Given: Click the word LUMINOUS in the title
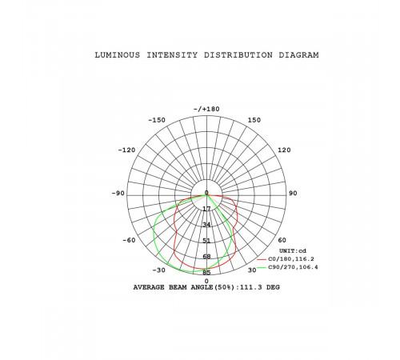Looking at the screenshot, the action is click(118, 55).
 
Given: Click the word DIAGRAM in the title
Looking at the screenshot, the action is click(298, 55).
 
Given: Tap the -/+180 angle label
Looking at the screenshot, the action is click(206, 109).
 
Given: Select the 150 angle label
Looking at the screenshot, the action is click(254, 120).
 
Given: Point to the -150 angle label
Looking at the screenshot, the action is click(157, 120).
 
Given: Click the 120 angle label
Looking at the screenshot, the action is click(284, 150).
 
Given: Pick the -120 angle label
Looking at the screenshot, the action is click(126, 150).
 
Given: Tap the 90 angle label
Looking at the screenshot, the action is click(293, 193).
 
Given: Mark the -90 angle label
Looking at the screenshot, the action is click(118, 193).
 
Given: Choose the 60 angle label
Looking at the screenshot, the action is click(282, 240).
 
